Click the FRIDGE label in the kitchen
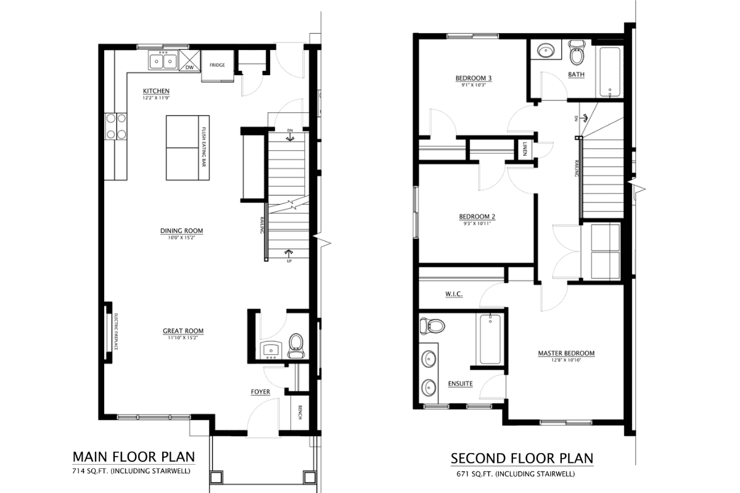click(216, 65)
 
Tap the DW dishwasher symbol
click(189, 67)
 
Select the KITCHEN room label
click(156, 91)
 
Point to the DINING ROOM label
click(181, 231)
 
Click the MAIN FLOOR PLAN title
click(134, 457)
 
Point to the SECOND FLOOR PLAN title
click(522, 458)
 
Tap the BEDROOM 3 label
click(473, 78)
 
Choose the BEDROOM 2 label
click(477, 217)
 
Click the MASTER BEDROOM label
click(565, 353)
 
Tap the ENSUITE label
click(460, 383)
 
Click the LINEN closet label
click(524, 149)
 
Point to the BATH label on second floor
click(576, 75)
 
